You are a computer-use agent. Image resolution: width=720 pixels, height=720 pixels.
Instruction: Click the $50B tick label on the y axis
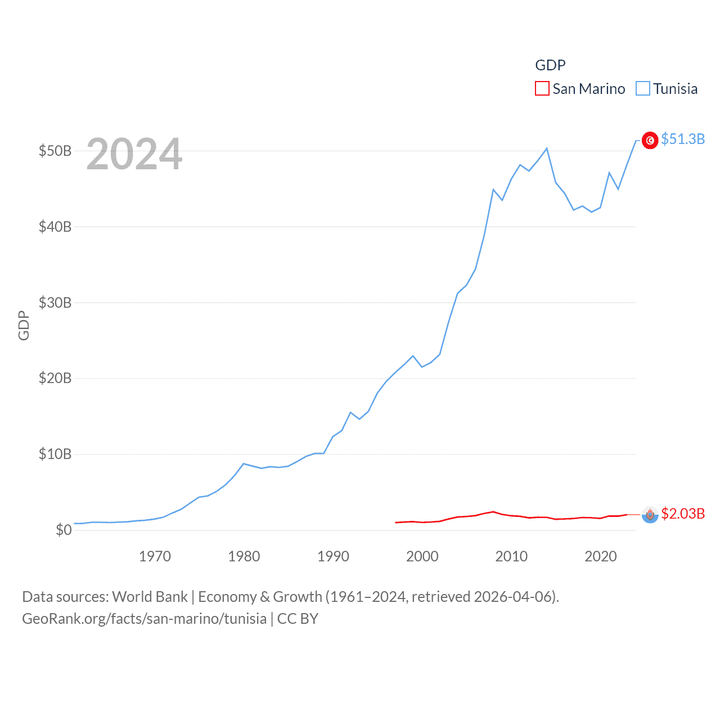[55, 151]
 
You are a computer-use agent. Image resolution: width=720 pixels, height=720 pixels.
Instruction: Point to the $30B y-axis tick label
[55, 303]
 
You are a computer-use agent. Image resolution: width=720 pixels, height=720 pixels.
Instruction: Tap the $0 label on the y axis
[64, 530]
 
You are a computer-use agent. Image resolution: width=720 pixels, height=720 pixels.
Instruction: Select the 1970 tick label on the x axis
[155, 556]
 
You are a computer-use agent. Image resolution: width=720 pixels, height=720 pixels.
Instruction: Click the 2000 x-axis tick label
[422, 556]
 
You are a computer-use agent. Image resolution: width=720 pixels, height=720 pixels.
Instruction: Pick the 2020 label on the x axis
[600, 556]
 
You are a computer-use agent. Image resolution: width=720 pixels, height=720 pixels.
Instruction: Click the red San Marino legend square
[542, 89]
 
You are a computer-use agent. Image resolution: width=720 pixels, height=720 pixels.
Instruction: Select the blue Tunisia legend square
[642, 89]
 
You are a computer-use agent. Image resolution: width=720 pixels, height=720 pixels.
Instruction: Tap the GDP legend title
[550, 65]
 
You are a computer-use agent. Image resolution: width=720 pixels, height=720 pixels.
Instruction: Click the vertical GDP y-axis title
[24, 325]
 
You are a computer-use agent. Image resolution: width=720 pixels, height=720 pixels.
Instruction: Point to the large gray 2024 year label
[134, 154]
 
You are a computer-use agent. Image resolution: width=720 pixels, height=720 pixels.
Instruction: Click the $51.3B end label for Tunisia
[683, 139]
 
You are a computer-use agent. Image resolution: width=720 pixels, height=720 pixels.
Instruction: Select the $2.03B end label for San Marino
[683, 514]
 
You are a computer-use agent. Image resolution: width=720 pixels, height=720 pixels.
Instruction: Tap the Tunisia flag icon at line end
[650, 140]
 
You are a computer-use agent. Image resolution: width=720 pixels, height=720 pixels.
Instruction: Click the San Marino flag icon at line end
[650, 515]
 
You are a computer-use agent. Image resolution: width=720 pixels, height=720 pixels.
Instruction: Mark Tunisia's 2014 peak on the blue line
[547, 148]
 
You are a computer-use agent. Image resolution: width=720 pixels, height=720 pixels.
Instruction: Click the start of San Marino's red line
[396, 523]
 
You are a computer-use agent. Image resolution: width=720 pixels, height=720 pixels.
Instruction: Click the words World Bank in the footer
[150, 597]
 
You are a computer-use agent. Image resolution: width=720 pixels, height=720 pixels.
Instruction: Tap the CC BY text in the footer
[298, 619]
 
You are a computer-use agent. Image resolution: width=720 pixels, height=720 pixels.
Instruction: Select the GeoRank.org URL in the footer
[144, 619]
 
